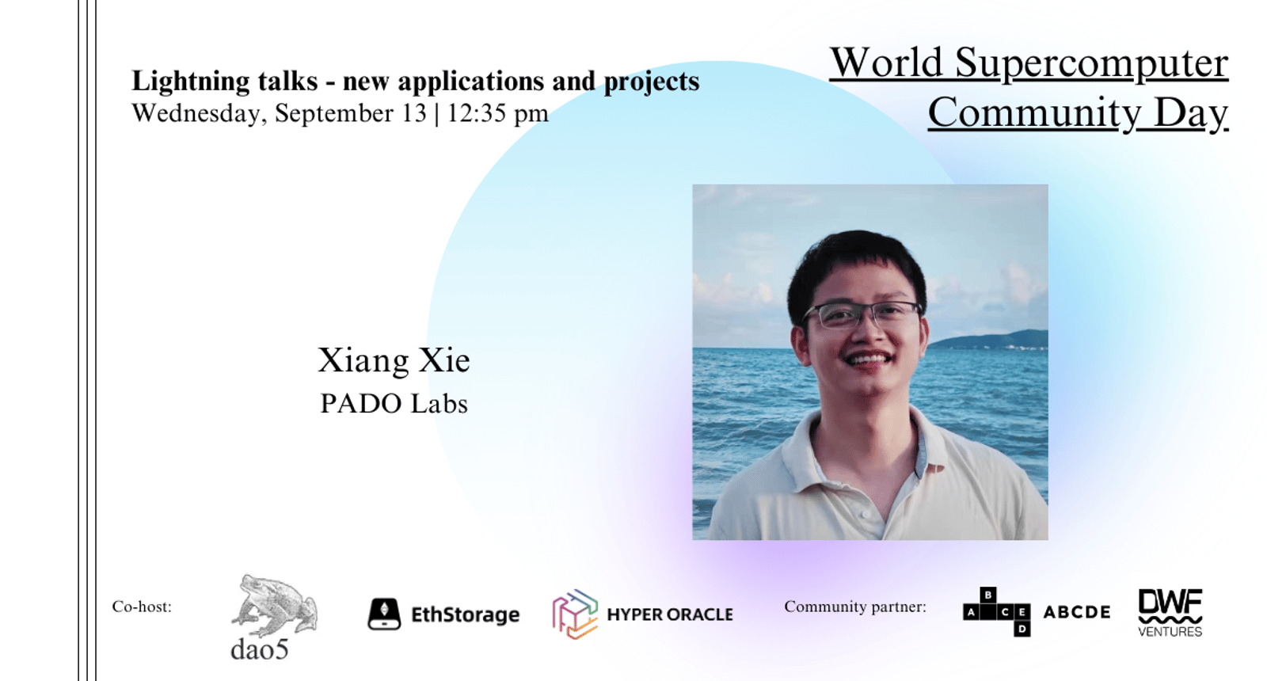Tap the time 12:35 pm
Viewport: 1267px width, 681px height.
(498, 113)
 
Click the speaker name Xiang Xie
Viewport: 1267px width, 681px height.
(394, 360)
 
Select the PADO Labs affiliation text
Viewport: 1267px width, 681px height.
(394, 404)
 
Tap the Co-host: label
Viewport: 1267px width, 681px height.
(142, 607)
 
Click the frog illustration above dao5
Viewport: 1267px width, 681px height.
(274, 605)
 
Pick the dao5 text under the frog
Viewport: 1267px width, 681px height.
(260, 649)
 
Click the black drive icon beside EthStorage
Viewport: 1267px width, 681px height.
(384, 614)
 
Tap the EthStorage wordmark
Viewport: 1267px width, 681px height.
(465, 614)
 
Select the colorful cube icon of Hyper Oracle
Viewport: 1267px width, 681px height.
(575, 614)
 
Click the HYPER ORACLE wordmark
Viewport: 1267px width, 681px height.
(670, 614)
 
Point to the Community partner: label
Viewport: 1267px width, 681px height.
(855, 607)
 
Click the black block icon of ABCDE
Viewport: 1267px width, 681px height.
(997, 612)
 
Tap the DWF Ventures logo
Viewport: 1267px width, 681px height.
(1170, 613)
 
